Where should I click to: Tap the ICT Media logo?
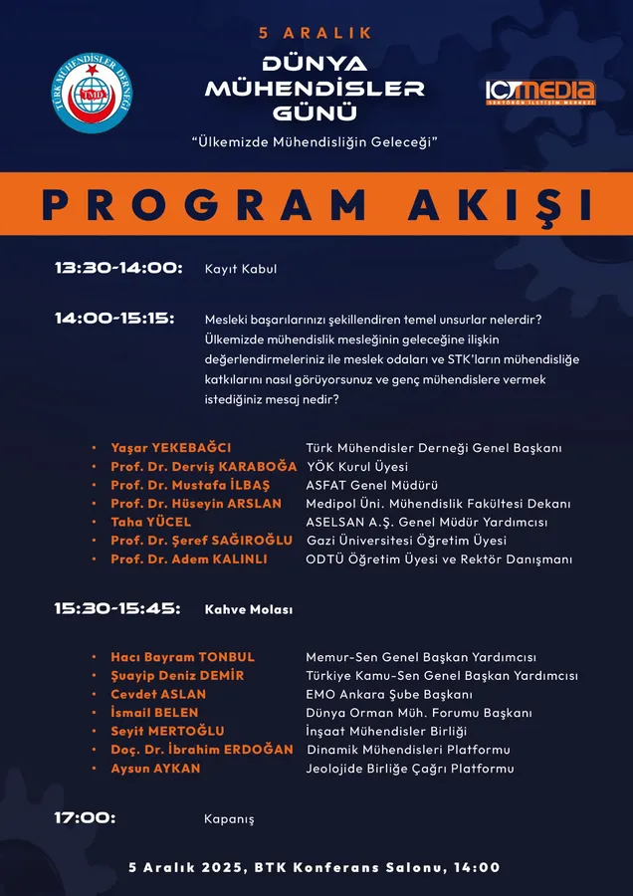point(539,93)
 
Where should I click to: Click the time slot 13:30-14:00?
point(118,268)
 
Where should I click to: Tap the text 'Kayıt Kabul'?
point(240,269)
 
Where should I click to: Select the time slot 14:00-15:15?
point(114,319)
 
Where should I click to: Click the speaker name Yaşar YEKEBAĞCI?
point(170,448)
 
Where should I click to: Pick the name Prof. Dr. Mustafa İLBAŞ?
point(189,485)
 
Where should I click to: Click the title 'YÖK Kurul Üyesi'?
point(357,467)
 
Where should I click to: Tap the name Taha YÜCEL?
point(151,522)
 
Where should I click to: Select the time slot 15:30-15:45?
point(117,608)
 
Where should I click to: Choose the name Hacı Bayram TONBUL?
point(183,657)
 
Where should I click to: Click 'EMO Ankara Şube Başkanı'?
point(388,694)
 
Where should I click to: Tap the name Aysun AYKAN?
point(155,769)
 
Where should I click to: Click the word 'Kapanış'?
point(229,818)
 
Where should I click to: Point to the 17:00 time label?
point(85,817)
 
